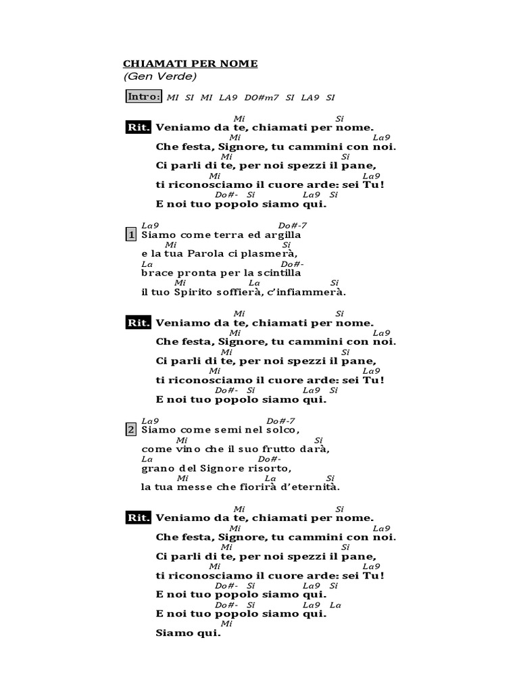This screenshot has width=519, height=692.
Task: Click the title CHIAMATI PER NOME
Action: [190, 64]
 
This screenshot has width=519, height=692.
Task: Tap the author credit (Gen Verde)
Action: [159, 76]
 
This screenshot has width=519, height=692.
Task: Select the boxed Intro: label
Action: [144, 97]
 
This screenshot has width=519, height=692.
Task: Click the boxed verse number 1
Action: [131, 235]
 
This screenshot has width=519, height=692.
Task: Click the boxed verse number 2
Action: [131, 429]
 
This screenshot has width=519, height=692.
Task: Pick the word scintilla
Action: [276, 273]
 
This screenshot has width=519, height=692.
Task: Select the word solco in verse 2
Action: [281, 429]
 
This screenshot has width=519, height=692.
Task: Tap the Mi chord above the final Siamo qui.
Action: [226, 624]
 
